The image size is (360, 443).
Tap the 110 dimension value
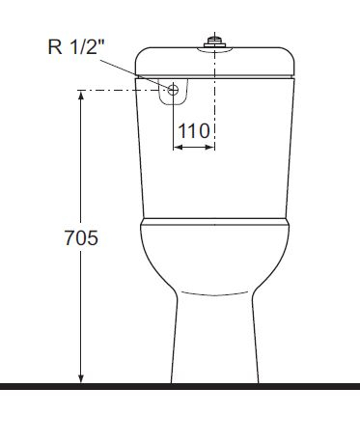tap(194, 131)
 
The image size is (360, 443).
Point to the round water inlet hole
tap(174, 91)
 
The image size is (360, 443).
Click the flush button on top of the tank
tap(214, 42)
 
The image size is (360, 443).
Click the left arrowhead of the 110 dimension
tap(178, 148)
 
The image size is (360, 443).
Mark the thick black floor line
tap(180, 386)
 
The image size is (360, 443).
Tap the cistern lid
tap(214, 60)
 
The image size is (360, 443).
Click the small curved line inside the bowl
tap(213, 292)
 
